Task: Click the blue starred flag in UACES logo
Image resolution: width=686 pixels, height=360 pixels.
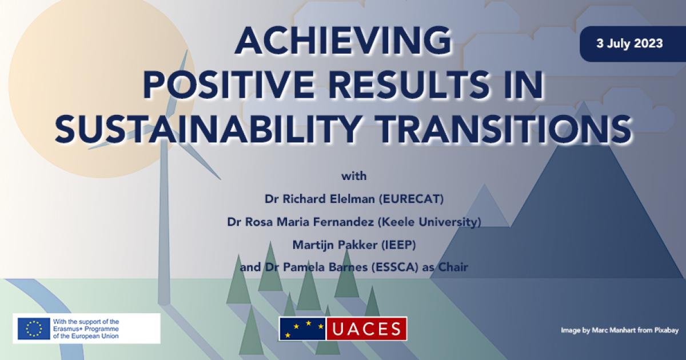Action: [302, 329]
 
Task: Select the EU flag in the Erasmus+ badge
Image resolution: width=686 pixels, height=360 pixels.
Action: [34, 329]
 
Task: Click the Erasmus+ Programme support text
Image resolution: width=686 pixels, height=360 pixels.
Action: [86, 329]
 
